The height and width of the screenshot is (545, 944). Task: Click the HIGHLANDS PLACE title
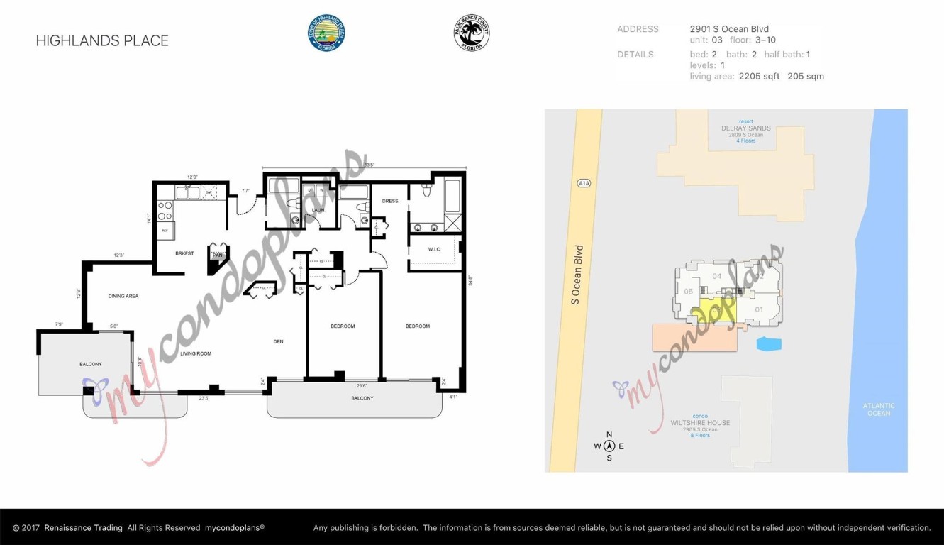(102, 41)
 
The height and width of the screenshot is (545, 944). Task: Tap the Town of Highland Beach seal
(326, 33)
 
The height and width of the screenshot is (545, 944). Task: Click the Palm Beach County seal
(472, 33)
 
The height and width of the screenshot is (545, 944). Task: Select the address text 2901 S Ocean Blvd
(729, 29)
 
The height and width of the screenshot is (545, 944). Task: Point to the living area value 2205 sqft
(759, 76)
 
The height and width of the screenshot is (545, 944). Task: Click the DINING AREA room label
(123, 296)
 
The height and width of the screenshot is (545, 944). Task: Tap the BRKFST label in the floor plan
(184, 253)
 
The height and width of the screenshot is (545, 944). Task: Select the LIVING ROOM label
(196, 353)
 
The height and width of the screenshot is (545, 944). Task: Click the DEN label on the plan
(278, 341)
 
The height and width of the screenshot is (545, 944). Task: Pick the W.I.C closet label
(434, 249)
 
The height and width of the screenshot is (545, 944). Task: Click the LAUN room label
(318, 210)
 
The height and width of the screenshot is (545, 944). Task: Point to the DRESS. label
(391, 201)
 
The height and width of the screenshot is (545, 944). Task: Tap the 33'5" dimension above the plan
(369, 165)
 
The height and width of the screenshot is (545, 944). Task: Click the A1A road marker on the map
(584, 183)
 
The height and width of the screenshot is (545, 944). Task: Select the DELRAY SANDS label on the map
(745, 128)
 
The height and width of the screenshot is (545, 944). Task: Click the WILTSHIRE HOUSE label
(700, 423)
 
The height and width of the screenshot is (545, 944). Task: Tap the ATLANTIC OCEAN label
(879, 409)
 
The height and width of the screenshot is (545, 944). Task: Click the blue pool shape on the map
(769, 344)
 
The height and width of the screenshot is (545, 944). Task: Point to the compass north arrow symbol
(609, 446)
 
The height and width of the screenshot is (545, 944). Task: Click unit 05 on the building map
(689, 292)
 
